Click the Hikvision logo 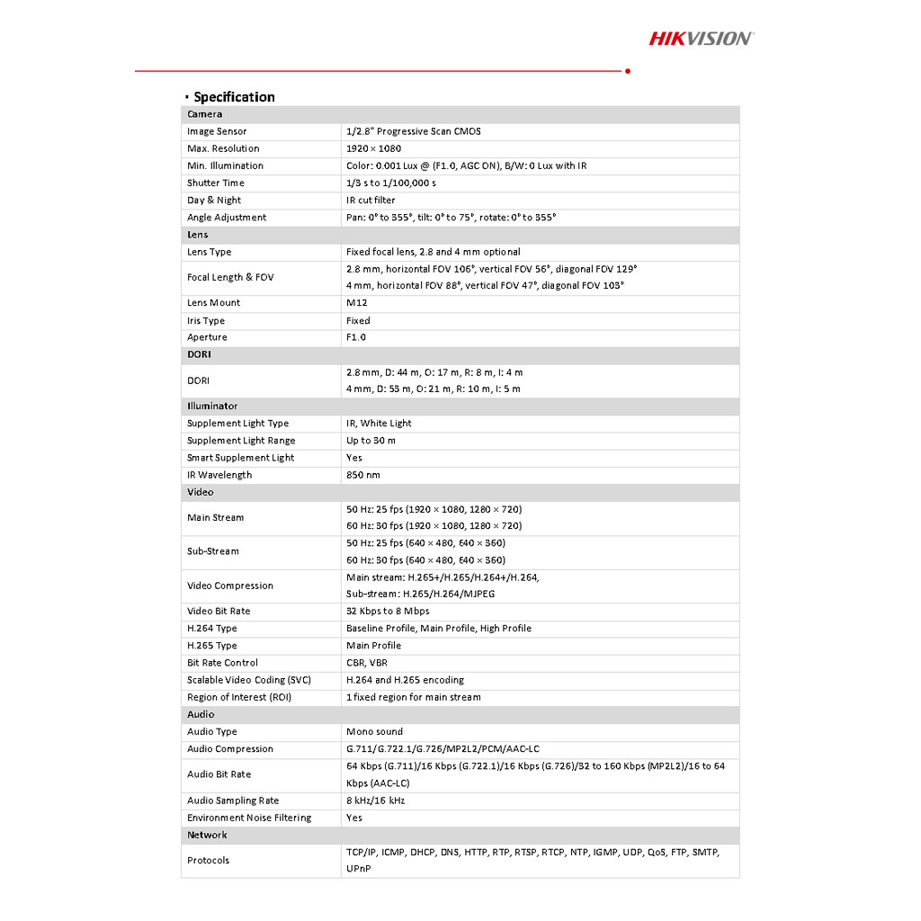point(702,38)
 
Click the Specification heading point(234,97)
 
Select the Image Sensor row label point(217,131)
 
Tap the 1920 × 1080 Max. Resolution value point(373,148)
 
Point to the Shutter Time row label point(216,183)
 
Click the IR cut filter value point(371,201)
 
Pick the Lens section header point(198,235)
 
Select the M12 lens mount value point(356,303)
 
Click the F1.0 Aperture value point(356,337)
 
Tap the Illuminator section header point(212,407)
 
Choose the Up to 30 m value point(371,441)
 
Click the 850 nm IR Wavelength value point(363,475)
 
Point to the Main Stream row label point(216,517)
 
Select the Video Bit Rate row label point(219,612)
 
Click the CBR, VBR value point(367,663)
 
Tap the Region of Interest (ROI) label point(239,697)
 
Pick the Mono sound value point(374,732)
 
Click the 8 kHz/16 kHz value point(375,800)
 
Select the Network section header point(207,835)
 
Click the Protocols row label point(208,861)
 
